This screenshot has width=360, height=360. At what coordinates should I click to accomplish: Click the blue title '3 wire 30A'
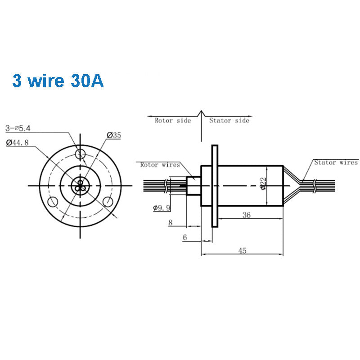tap(58, 81)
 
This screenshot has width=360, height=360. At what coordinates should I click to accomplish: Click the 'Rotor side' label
tap(173, 121)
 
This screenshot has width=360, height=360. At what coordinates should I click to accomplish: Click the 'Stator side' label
tap(229, 121)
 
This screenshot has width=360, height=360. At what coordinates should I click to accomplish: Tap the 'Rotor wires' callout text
tap(160, 165)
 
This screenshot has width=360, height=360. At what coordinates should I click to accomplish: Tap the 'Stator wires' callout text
tap(336, 162)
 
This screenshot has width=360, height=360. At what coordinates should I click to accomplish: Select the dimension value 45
tap(242, 251)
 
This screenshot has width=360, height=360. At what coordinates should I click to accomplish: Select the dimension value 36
tap(246, 215)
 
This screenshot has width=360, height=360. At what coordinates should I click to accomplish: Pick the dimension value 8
tap(171, 222)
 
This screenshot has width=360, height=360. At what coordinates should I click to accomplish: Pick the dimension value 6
tap(184, 237)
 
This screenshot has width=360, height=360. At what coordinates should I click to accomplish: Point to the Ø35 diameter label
tap(114, 135)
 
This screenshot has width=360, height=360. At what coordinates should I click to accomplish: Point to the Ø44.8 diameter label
tap(18, 143)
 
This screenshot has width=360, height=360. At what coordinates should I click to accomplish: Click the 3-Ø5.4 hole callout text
tap(18, 128)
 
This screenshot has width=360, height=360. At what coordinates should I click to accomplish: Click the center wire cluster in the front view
tap(80, 185)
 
